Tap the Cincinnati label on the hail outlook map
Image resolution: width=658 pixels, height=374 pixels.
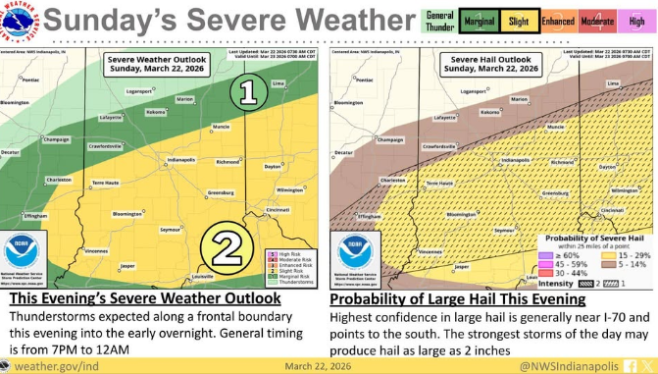click(614, 210)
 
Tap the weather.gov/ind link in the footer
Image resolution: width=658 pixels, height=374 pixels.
click(56, 364)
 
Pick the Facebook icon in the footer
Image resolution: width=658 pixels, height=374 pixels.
click(636, 364)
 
